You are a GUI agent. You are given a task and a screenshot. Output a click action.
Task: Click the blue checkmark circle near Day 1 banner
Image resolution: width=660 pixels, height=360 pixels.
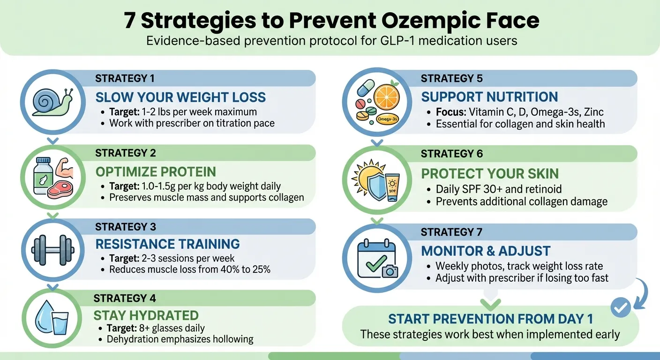click(621, 308)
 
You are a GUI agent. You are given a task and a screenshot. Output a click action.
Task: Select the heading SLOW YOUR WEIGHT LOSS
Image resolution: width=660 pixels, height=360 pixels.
click(180, 97)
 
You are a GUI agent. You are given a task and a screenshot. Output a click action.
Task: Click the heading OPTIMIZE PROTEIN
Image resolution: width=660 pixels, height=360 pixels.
click(156, 172)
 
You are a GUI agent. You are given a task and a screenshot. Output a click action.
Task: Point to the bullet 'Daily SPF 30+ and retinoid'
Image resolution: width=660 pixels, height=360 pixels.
click(498, 189)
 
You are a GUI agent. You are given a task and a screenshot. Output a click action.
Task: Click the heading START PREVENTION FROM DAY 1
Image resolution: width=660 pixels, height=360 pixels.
click(490, 319)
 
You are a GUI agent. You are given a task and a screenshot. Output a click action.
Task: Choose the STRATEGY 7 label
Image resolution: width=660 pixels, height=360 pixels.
click(451, 232)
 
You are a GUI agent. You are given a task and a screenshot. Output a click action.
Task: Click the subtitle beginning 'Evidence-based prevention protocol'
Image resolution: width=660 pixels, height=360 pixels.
click(331, 41)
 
